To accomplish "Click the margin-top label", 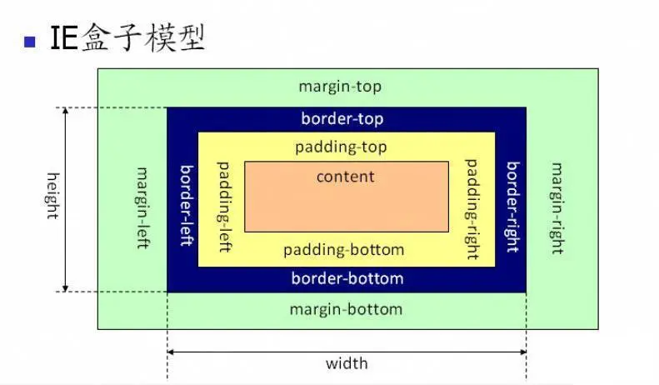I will coord(340,87).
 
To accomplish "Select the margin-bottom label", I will coord(346,309).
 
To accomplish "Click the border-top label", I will coord(342,119).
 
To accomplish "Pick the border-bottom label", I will coord(347,278).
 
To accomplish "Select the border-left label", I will coord(187,204).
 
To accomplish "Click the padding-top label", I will coord(341,147).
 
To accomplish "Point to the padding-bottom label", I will coord(343,250).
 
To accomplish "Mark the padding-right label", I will coord(471,208).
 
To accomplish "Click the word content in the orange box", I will coord(346,177).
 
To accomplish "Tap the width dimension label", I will coord(347,363).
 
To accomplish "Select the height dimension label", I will coord(52,196).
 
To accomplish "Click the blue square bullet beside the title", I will coord(32,41).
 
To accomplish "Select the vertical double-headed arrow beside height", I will coord(66,199).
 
